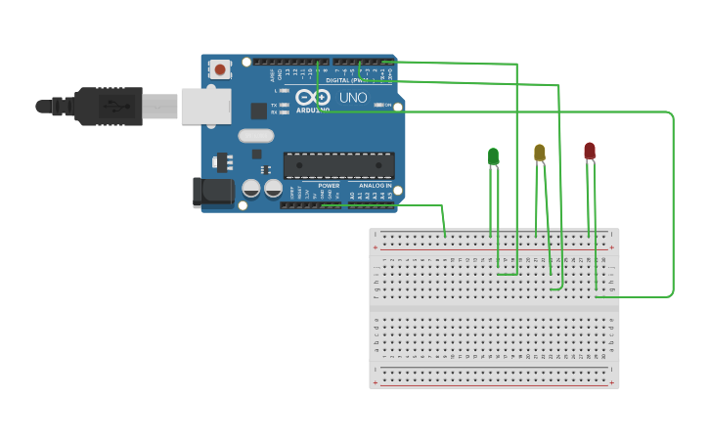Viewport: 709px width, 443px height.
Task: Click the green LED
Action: tap(493, 155)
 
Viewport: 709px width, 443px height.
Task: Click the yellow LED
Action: tap(539, 152)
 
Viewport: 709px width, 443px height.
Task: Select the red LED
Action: tap(589, 150)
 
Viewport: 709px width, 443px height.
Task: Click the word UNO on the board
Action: tap(352, 98)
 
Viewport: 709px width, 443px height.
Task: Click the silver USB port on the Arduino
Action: tap(205, 106)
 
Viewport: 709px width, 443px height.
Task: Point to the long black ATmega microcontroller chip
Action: tap(338, 165)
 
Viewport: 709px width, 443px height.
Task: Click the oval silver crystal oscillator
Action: tap(255, 136)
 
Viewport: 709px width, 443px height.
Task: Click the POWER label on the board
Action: tap(329, 185)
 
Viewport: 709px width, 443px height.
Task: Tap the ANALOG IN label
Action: tap(375, 185)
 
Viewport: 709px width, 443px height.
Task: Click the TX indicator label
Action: tap(275, 105)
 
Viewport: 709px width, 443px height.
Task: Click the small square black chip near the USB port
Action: tap(258, 111)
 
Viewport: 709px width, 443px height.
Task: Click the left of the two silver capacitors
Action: tap(251, 187)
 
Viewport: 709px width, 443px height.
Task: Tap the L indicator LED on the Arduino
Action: tap(286, 91)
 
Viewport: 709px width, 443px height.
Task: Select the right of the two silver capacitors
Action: tap(273, 187)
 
